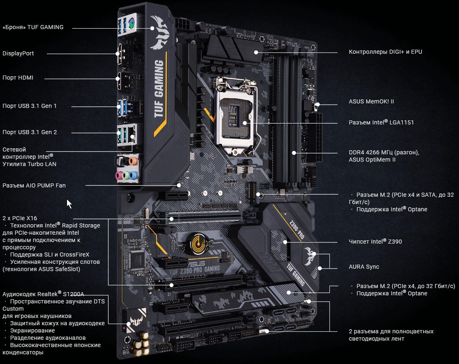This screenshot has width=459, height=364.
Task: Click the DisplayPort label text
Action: (x=18, y=53)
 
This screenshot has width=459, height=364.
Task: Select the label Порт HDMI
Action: (x=18, y=78)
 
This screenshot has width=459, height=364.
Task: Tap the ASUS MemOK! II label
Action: (x=371, y=101)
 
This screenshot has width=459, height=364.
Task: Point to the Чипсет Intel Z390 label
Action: (x=375, y=241)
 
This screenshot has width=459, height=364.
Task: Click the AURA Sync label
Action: (x=364, y=267)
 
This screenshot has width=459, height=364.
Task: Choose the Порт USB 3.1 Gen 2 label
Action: (x=29, y=132)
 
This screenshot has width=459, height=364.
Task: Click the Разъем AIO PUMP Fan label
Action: (x=34, y=185)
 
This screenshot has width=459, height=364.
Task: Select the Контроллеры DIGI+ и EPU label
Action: (x=385, y=52)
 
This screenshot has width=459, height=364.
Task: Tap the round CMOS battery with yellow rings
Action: (x=198, y=242)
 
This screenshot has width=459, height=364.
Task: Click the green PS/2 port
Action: (x=132, y=23)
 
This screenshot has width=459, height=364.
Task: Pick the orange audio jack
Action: (x=133, y=161)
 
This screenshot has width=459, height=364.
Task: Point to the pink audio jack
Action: (x=119, y=176)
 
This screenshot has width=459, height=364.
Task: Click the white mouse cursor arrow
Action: (x=69, y=204)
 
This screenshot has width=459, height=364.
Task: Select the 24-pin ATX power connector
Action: (x=318, y=138)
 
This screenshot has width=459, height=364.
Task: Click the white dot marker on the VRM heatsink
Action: (x=256, y=53)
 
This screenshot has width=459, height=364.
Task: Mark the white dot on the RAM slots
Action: (x=294, y=153)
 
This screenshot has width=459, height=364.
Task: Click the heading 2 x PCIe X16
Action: (x=20, y=218)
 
